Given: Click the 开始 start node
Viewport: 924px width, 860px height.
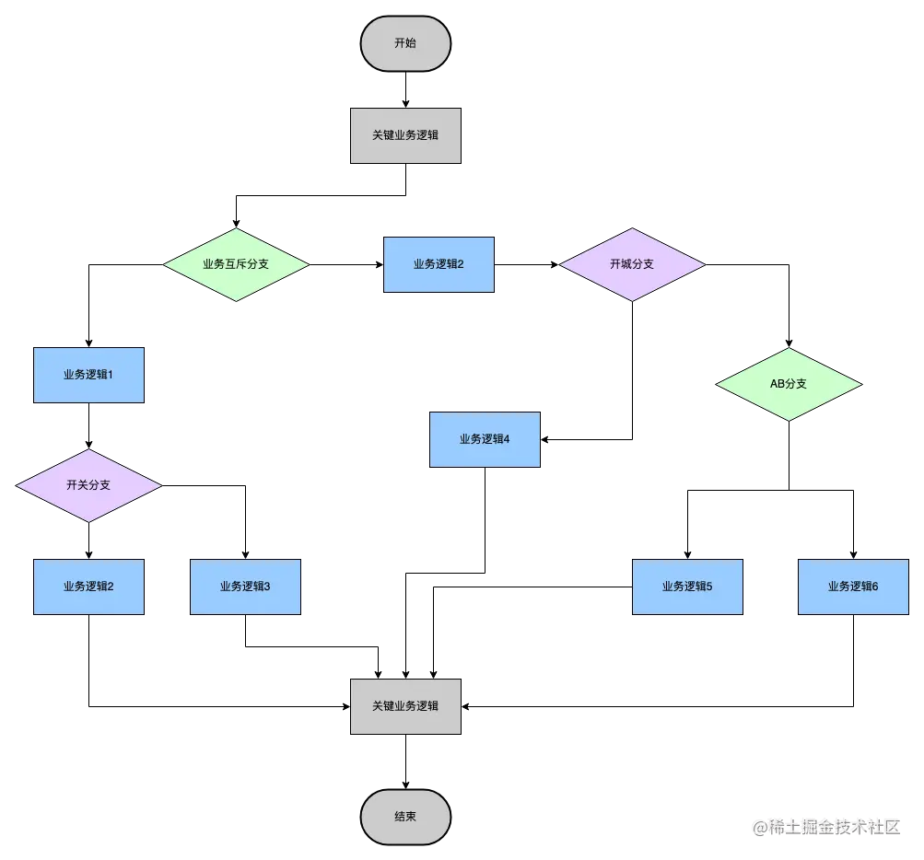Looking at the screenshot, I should click(405, 43).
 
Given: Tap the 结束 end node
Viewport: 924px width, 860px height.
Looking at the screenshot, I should click(405, 817).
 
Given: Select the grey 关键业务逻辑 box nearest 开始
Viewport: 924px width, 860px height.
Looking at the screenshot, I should click(405, 135).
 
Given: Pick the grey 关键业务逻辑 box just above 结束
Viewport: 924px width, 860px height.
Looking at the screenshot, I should click(405, 706).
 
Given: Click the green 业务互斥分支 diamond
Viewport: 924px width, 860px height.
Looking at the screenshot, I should click(236, 264).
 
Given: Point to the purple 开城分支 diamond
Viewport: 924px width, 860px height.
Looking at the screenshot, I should click(632, 264).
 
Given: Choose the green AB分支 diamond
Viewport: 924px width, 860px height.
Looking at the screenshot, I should click(789, 384).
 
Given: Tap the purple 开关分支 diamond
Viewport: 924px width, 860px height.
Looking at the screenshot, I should click(88, 485).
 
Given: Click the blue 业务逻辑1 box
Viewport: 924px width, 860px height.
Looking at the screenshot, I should click(88, 375).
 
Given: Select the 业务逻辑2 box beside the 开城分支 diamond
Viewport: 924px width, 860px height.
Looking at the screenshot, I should click(439, 264).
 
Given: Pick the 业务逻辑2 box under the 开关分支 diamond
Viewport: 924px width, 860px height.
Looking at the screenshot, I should click(88, 587).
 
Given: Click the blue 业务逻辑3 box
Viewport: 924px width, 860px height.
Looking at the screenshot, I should click(245, 587).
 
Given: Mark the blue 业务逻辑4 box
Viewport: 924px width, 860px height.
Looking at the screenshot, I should click(485, 439).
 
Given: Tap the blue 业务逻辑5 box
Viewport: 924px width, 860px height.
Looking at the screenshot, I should click(687, 587).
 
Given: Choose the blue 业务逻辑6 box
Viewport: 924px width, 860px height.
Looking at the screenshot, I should click(853, 587).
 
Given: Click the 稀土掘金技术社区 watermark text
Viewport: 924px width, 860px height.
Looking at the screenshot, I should click(833, 826).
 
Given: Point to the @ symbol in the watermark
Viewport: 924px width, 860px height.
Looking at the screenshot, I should click(759, 826).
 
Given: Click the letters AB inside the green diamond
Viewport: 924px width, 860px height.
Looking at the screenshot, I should click(778, 384).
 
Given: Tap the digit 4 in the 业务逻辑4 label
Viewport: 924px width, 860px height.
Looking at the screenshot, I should click(507, 439).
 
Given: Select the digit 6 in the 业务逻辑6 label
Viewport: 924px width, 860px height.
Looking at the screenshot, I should click(875, 587).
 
